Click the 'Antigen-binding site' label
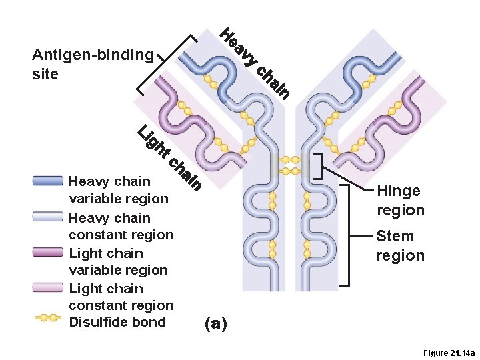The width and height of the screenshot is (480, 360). tap(93, 64)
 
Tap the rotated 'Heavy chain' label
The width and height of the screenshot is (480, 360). tap(257, 64)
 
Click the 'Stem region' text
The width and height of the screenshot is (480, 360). tap(400, 245)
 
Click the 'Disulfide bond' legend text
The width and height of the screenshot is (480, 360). tap(117, 322)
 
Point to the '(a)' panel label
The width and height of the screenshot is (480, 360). tap(216, 324)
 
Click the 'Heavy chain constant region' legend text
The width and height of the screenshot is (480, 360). tap(121, 226)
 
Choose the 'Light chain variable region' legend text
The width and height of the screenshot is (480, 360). tap(118, 261)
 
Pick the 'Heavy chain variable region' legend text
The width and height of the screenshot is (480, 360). tap(119, 189)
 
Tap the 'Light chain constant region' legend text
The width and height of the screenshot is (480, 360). tap(121, 297)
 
